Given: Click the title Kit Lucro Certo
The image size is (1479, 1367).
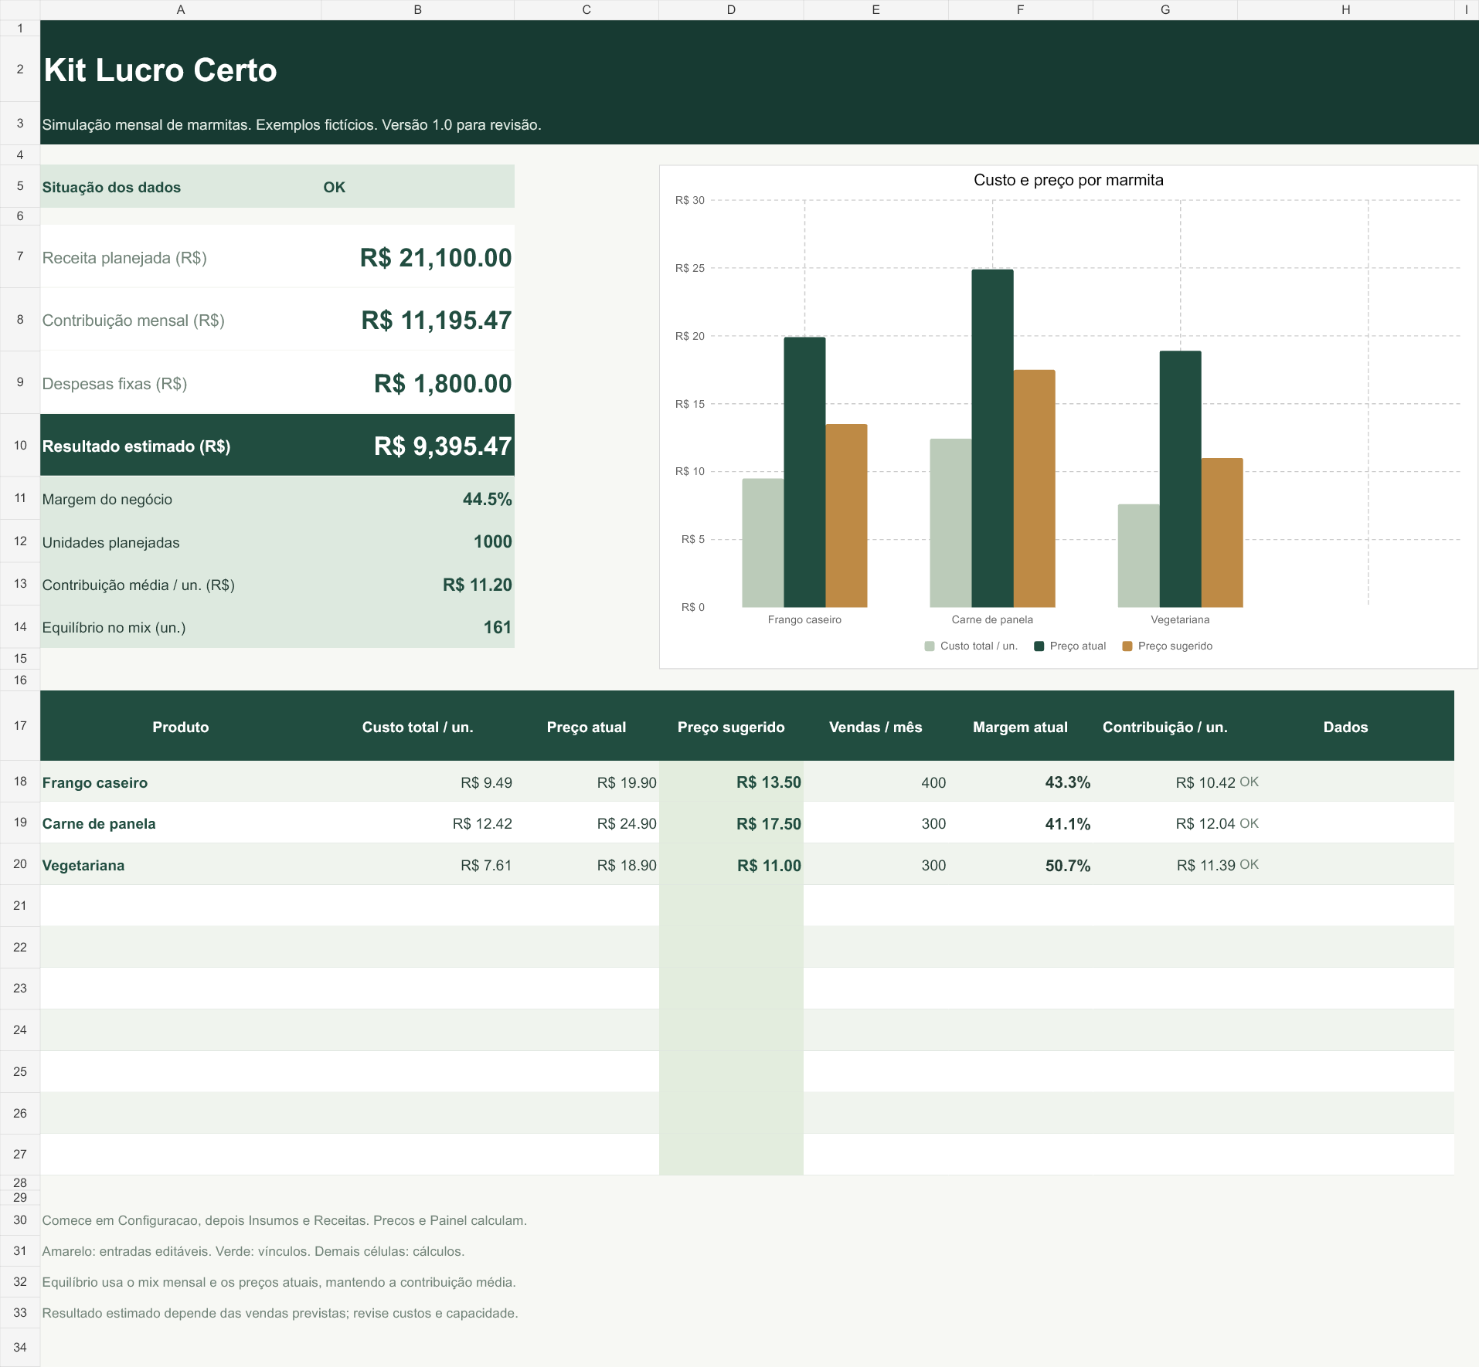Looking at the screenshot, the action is pyautogui.click(x=160, y=70).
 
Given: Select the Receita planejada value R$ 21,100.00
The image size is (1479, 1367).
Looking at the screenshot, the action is pyautogui.click(x=436, y=258).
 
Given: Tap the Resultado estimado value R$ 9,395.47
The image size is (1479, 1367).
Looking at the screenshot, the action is pyautogui.click(x=443, y=446).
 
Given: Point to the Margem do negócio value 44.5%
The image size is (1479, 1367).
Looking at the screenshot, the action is pyautogui.click(x=487, y=500).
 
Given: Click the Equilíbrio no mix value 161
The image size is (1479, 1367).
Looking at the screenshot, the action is pyautogui.click(x=498, y=628).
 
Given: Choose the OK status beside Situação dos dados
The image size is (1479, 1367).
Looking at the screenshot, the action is pyautogui.click(x=334, y=188).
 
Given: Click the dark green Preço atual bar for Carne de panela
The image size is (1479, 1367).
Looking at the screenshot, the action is pyautogui.click(x=992, y=438).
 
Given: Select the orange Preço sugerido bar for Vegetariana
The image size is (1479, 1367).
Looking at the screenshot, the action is pyautogui.click(x=1222, y=533).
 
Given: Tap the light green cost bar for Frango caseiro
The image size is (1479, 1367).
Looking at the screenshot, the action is pyautogui.click(x=763, y=543).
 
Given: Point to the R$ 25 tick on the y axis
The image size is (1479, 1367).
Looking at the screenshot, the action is pyautogui.click(x=690, y=268).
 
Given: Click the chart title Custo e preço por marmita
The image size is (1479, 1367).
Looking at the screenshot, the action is pyautogui.click(x=1068, y=180).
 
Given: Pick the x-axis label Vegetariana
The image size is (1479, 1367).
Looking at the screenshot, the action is pyautogui.click(x=1180, y=619).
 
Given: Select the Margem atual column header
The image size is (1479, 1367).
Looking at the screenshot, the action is pyautogui.click(x=1020, y=728).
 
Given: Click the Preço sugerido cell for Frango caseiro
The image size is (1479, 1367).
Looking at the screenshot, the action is pyautogui.click(x=768, y=782).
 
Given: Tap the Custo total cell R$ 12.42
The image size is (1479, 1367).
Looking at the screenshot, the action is pyautogui.click(x=482, y=824).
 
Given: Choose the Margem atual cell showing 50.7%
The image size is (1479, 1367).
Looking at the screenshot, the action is pyautogui.click(x=1067, y=866).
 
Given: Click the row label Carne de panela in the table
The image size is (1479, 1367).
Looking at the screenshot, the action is pyautogui.click(x=99, y=824).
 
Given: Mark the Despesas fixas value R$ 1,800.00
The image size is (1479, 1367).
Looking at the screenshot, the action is pyautogui.click(x=443, y=384).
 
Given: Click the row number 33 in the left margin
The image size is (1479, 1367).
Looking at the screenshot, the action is pyautogui.click(x=20, y=1313).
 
